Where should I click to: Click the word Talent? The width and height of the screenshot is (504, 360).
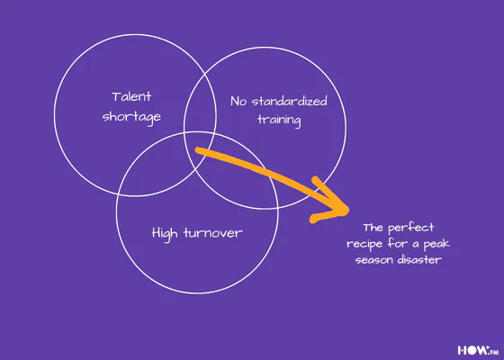pyautogui.click(x=131, y=96)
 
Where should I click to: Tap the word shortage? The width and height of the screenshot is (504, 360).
pyautogui.click(x=131, y=117)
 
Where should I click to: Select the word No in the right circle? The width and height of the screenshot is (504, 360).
pyautogui.click(x=238, y=102)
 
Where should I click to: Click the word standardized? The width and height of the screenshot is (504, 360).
pyautogui.click(x=289, y=101)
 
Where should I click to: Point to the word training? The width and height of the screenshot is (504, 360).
pyautogui.click(x=279, y=121)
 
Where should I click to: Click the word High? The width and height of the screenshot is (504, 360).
pyautogui.click(x=164, y=233)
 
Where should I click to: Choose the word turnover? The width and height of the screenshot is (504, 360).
pyautogui.click(x=212, y=233)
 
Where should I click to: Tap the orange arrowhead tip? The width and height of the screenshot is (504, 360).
pyautogui.click(x=347, y=211)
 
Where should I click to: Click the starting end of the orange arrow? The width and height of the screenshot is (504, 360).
pyautogui.click(x=198, y=149)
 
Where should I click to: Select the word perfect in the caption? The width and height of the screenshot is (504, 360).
pyautogui.click(x=410, y=228)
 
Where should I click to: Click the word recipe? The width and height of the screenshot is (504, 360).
pyautogui.click(x=364, y=244)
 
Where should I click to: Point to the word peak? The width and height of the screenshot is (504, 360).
pyautogui.click(x=436, y=244)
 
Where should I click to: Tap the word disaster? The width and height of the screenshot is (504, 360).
pyautogui.click(x=419, y=259)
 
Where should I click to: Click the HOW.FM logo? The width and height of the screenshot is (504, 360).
pyautogui.click(x=478, y=350)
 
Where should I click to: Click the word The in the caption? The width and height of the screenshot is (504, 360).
pyautogui.click(x=373, y=228)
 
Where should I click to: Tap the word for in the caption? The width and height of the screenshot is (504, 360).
pyautogui.click(x=398, y=243)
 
